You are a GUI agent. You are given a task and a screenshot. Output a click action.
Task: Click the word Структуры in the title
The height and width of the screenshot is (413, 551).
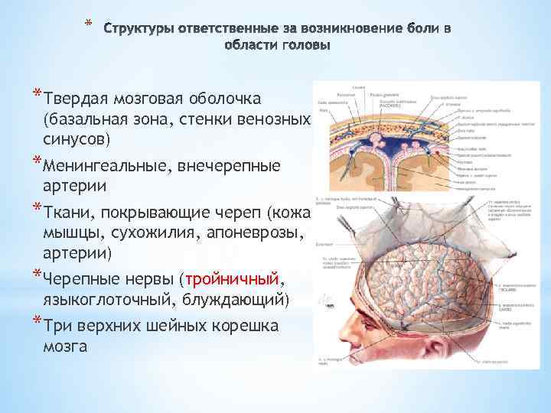[139, 29]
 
